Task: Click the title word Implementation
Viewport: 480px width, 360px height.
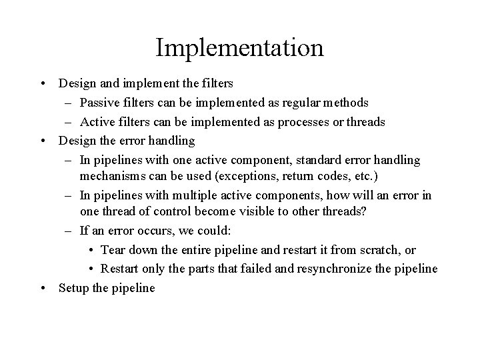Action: pyautogui.click(x=239, y=48)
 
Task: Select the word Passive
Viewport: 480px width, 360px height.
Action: pyautogui.click(x=99, y=103)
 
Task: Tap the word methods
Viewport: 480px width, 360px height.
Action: pyautogui.click(x=345, y=103)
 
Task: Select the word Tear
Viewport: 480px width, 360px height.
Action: pyautogui.click(x=113, y=250)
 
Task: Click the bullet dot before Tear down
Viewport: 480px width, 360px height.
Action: pyautogui.click(x=91, y=251)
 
